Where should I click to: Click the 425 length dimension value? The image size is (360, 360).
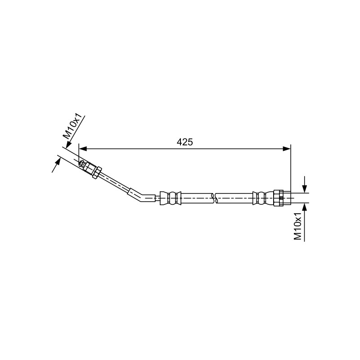pyautogui.click(x=184, y=142)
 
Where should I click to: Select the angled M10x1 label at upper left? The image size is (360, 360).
pyautogui.click(x=72, y=127)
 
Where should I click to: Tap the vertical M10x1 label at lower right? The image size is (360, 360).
pyautogui.click(x=298, y=226)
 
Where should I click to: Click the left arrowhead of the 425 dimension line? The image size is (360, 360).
pyautogui.click(x=83, y=149)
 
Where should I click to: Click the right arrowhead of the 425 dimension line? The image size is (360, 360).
pyautogui.click(x=287, y=149)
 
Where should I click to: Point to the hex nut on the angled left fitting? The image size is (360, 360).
pyautogui.click(x=97, y=172)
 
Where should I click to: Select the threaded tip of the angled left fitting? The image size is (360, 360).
pyautogui.click(x=82, y=164)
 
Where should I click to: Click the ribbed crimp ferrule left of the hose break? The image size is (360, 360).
pyautogui.click(x=171, y=198)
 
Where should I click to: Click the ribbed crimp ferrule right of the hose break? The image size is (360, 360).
pyautogui.click(x=263, y=198)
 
